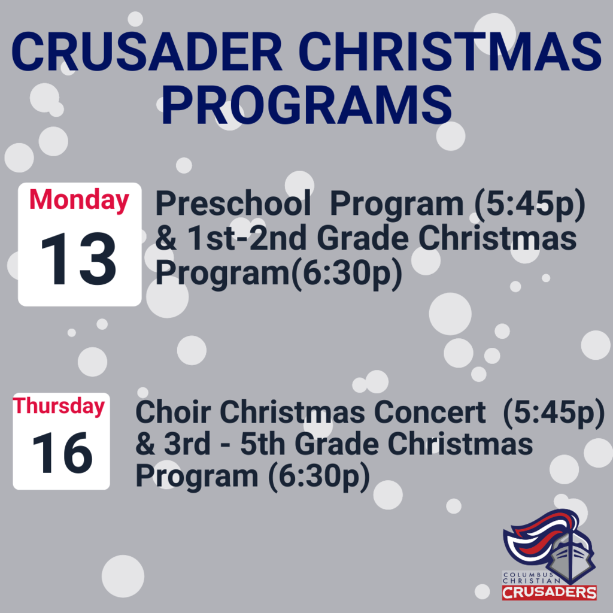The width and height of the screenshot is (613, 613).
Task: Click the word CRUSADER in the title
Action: click(147, 51)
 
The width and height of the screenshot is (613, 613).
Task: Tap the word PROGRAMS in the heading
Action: click(307, 105)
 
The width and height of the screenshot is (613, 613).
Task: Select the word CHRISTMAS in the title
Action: click(453, 51)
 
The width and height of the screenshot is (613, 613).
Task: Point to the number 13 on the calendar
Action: click(78, 259)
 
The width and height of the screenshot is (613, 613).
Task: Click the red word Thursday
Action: click(59, 406)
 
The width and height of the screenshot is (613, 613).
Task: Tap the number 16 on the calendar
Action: click(62, 453)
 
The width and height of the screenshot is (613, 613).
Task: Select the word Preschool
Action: click(233, 204)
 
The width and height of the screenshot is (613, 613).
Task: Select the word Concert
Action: click(430, 412)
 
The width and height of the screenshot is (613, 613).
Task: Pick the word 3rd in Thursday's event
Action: click(187, 444)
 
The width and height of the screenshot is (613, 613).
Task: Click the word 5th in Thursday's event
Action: click(263, 444)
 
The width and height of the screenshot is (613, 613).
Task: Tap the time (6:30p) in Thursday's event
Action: click(319, 477)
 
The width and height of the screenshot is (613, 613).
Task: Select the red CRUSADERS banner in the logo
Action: click(550, 593)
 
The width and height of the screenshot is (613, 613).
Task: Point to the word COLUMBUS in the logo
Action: click(529, 575)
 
